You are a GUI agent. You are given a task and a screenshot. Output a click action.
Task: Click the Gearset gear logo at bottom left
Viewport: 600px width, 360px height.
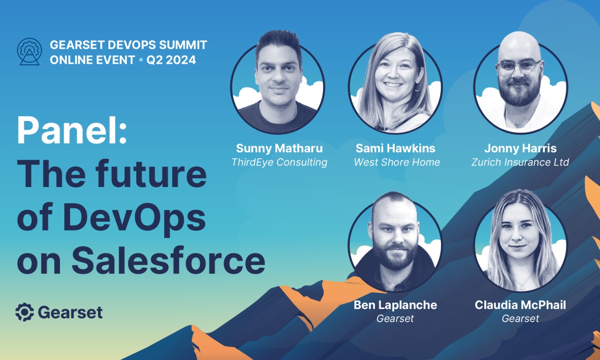pyautogui.click(x=24, y=312)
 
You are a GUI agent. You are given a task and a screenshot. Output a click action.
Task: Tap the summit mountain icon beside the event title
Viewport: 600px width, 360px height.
pyautogui.click(x=29, y=52)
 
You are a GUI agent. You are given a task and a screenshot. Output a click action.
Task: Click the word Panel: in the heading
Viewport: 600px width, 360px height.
pyautogui.click(x=72, y=131)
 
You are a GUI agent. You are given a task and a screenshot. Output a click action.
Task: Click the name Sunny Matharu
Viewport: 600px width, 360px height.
pyautogui.click(x=279, y=149)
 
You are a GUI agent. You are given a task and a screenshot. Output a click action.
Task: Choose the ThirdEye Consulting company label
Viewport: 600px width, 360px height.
pyautogui.click(x=279, y=163)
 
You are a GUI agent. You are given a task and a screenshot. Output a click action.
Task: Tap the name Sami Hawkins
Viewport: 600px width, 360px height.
pyautogui.click(x=395, y=149)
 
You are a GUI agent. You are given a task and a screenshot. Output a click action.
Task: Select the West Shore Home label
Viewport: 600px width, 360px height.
pyautogui.click(x=397, y=163)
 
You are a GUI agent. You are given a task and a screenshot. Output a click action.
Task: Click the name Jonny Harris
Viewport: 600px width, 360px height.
pyautogui.click(x=520, y=149)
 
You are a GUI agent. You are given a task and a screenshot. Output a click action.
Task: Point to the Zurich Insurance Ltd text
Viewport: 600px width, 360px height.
pyautogui.click(x=520, y=163)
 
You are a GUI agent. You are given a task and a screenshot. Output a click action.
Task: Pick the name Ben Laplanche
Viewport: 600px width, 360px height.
pyautogui.click(x=395, y=305)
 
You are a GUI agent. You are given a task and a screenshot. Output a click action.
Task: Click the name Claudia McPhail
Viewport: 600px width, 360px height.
pyautogui.click(x=520, y=305)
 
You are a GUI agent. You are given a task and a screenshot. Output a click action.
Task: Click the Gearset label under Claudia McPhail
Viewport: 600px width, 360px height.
pyautogui.click(x=520, y=319)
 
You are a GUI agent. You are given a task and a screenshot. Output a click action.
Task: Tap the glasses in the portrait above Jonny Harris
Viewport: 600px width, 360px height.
pyautogui.click(x=519, y=67)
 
